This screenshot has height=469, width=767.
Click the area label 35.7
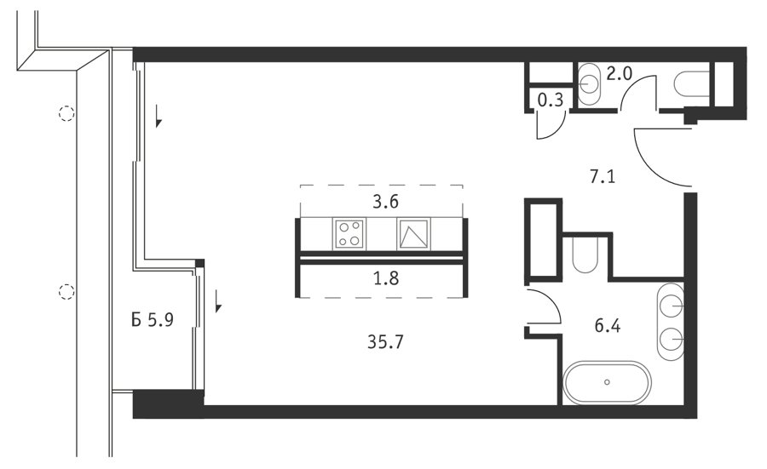coord(385,342)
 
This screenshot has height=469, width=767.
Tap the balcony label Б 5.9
coord(153,320)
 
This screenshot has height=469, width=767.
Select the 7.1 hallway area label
coord(603,176)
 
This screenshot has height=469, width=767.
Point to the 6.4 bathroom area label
coord(608,325)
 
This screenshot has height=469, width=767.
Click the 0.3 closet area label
coord(551,100)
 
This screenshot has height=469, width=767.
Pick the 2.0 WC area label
coord(620,74)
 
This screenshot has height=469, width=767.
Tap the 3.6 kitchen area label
coord(386,201)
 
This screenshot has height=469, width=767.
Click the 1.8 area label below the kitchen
coord(386,278)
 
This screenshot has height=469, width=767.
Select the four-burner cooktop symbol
coord(349,234)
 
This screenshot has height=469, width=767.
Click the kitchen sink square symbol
coord(414,234)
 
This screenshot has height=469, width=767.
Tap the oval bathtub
coord(607,382)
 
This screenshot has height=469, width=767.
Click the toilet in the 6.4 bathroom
coord(585,255)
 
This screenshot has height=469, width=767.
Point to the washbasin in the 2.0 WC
coord(590,83)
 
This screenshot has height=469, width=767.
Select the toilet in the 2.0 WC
coord(691,83)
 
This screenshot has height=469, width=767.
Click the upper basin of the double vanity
coord(671,306)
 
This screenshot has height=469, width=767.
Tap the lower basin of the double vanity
coord(671,338)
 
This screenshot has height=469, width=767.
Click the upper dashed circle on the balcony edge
coord(66,113)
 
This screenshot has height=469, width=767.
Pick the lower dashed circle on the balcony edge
coord(66,292)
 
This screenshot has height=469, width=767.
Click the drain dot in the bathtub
coord(607,382)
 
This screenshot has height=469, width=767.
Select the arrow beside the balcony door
coord(218,301)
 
